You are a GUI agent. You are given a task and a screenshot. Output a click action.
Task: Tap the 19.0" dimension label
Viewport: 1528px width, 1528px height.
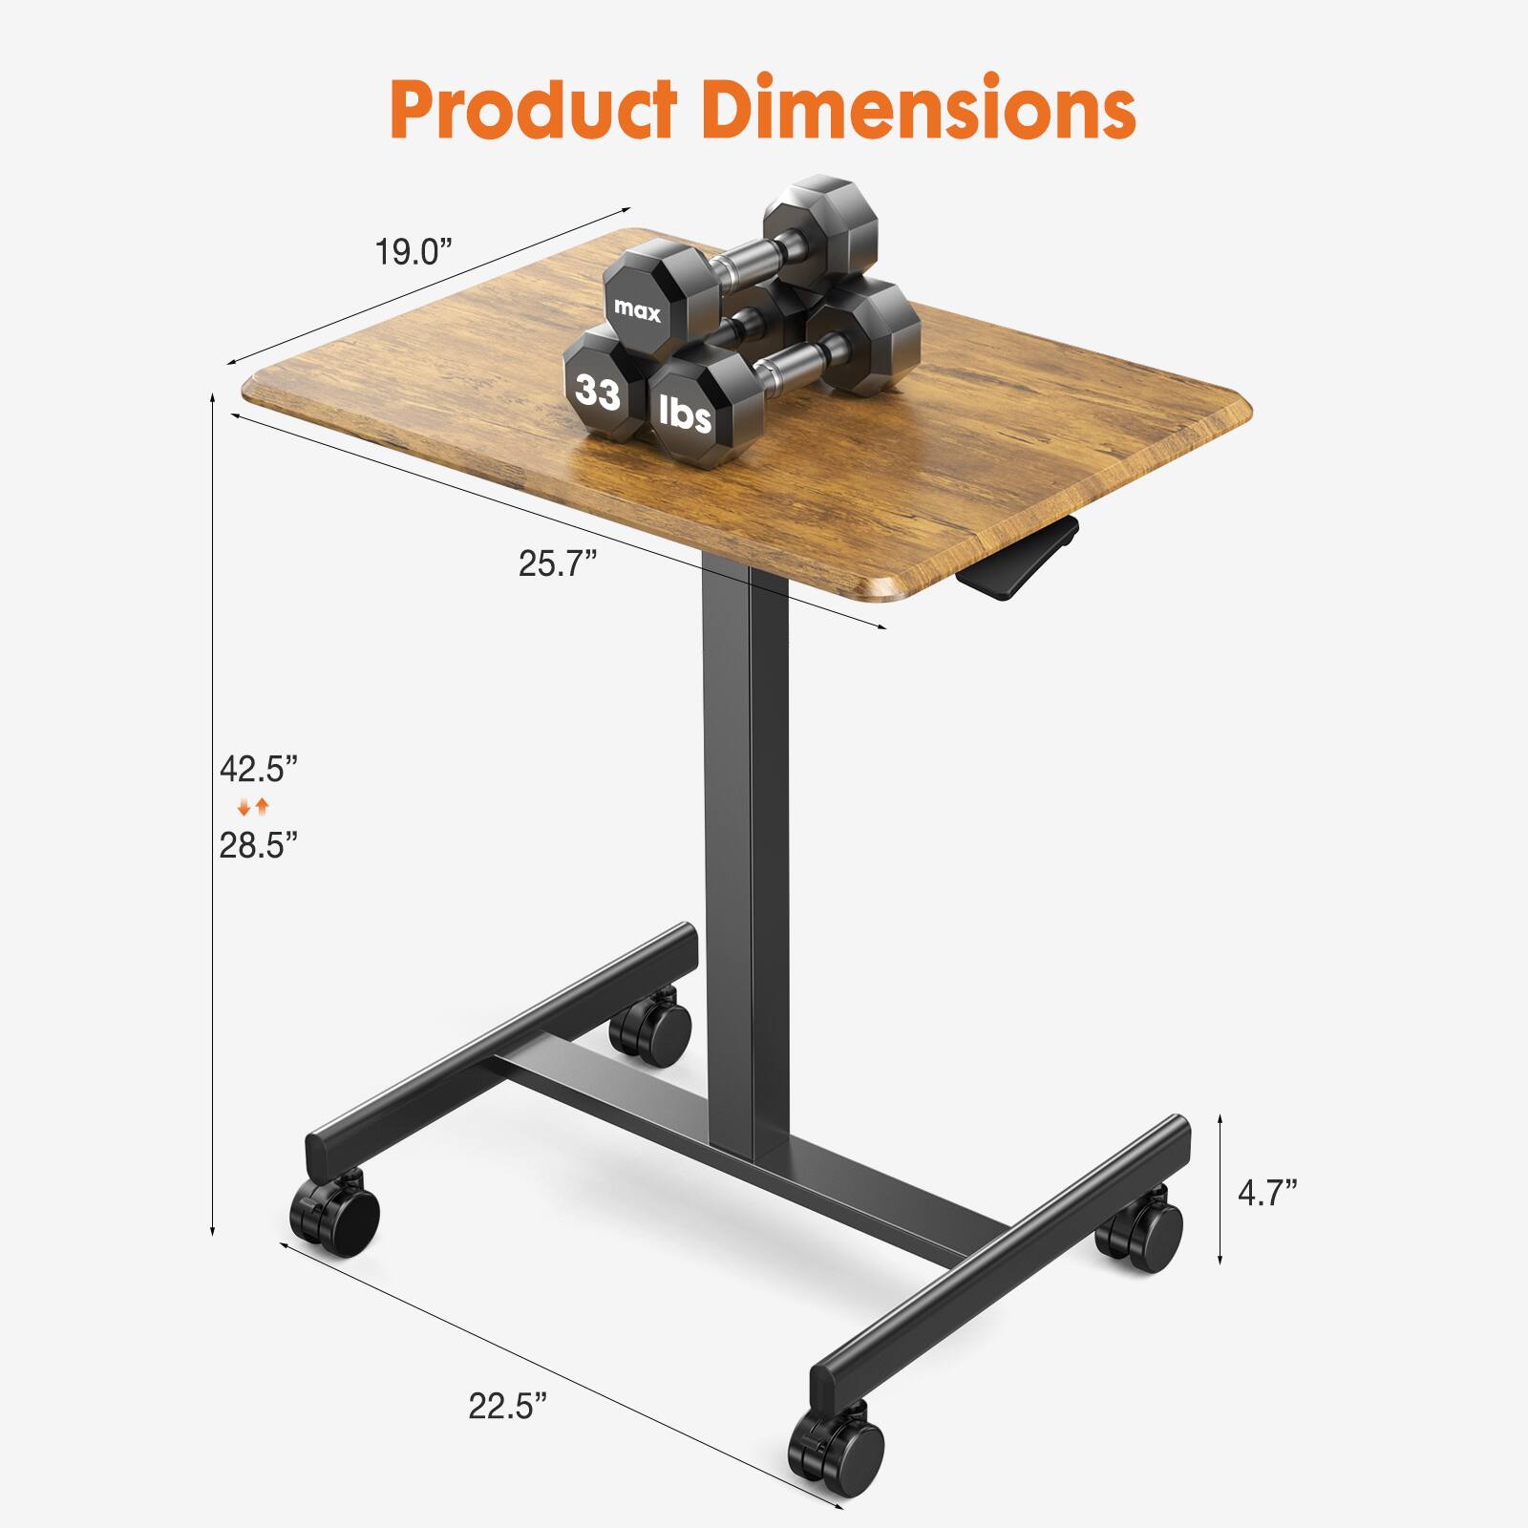[x=412, y=252]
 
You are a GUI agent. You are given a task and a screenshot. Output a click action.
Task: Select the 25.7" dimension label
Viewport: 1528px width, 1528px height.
[x=558, y=563]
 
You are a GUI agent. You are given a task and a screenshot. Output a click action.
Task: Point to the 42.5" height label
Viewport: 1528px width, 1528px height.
[x=259, y=768]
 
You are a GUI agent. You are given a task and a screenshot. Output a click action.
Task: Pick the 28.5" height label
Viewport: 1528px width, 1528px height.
[x=259, y=844]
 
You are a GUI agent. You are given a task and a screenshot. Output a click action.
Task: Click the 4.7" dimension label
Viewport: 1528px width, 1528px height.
[x=1267, y=1193]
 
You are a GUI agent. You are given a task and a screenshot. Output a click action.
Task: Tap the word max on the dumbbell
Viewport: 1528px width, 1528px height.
[x=637, y=309]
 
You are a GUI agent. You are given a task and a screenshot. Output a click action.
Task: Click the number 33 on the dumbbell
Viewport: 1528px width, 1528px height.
[x=598, y=392]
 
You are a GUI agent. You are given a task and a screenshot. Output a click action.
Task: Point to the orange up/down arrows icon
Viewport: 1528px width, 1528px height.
[x=254, y=807]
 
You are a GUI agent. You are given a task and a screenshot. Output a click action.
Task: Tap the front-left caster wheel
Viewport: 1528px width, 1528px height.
[x=336, y=1217]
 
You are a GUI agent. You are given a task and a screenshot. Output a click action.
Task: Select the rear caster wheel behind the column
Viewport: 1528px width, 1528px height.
[x=651, y=1028]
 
